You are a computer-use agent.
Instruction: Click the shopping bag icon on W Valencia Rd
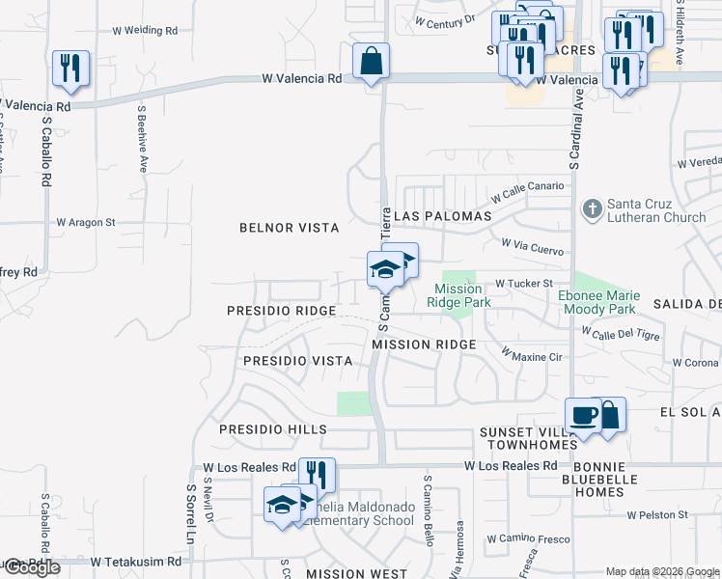(x=371, y=62)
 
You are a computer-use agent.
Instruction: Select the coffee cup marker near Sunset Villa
(x=583, y=416)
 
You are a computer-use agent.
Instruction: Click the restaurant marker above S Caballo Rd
(x=70, y=69)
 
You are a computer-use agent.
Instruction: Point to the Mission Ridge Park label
(x=458, y=295)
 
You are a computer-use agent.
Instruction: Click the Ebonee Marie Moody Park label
(x=597, y=303)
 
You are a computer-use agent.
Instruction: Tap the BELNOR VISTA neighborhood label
(x=290, y=228)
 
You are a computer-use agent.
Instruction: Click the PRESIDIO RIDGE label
(x=281, y=311)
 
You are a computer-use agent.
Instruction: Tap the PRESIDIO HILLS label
(x=273, y=429)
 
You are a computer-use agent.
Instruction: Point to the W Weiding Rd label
(x=146, y=31)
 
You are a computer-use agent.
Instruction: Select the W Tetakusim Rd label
(x=136, y=561)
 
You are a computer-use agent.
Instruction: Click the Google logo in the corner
(x=32, y=567)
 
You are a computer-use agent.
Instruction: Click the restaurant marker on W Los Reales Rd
(x=317, y=475)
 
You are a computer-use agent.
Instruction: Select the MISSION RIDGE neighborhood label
(x=424, y=345)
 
